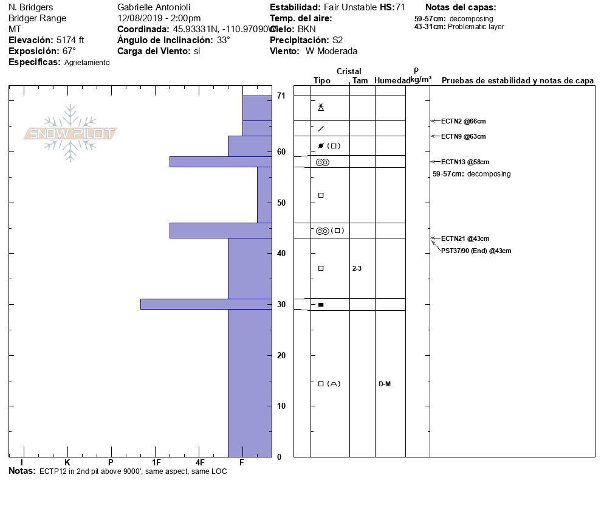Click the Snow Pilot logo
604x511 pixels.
click(70, 134)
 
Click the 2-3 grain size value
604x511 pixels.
click(357, 268)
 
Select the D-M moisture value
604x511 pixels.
click(384, 384)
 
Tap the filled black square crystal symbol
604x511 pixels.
click(321, 304)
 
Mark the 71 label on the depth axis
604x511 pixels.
click(281, 96)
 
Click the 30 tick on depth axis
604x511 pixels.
click(281, 304)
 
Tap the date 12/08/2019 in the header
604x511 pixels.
click(141, 18)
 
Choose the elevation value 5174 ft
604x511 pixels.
click(70, 40)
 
